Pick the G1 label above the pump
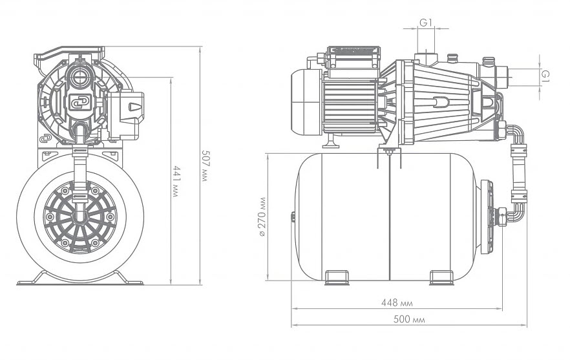(425, 23)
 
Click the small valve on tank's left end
(293, 217)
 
